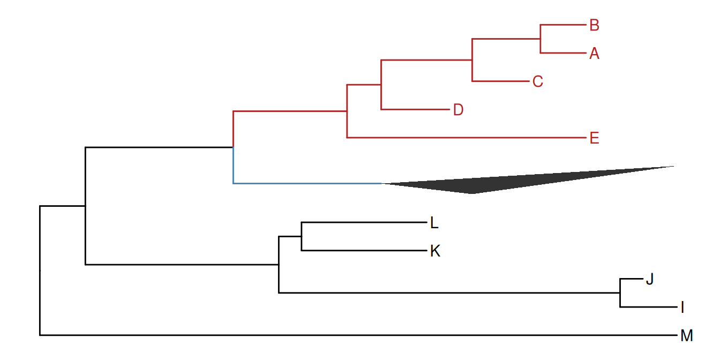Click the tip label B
pyautogui.click(x=594, y=25)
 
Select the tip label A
pyautogui.click(x=594, y=54)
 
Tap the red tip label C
pyautogui.click(x=538, y=81)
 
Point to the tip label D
pyautogui.click(x=457, y=110)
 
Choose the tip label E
pyautogui.click(x=594, y=138)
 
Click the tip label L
pyautogui.click(x=434, y=222)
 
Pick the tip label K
pyautogui.click(x=435, y=251)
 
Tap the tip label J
pyautogui.click(x=649, y=279)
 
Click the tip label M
pyautogui.click(x=686, y=336)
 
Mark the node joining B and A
pyautogui.click(x=541, y=39)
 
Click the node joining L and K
pyautogui.click(x=302, y=236)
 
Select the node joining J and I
pyautogui.click(x=620, y=293)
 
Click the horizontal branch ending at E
pyautogui.click(x=466, y=138)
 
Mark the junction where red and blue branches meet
pyautogui.click(x=234, y=146)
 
